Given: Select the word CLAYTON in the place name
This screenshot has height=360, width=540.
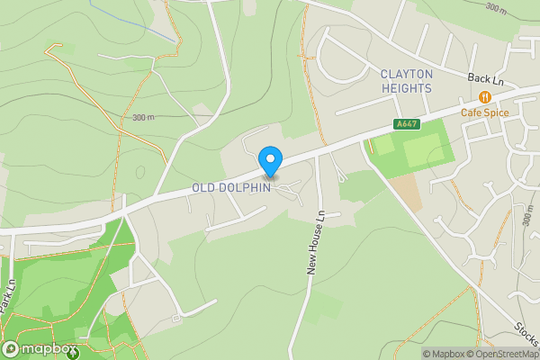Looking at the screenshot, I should (406, 74).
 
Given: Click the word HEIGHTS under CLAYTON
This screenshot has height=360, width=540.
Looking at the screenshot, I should (406, 88).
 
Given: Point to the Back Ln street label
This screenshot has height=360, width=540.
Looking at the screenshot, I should (484, 79).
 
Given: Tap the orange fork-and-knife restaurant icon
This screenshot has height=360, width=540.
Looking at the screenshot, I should (485, 97).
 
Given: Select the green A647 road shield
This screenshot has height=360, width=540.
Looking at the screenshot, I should (406, 124).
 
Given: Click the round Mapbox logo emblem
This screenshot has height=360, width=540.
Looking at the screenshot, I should (11, 349).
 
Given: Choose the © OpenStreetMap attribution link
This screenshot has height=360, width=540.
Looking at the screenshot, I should (504, 354).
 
